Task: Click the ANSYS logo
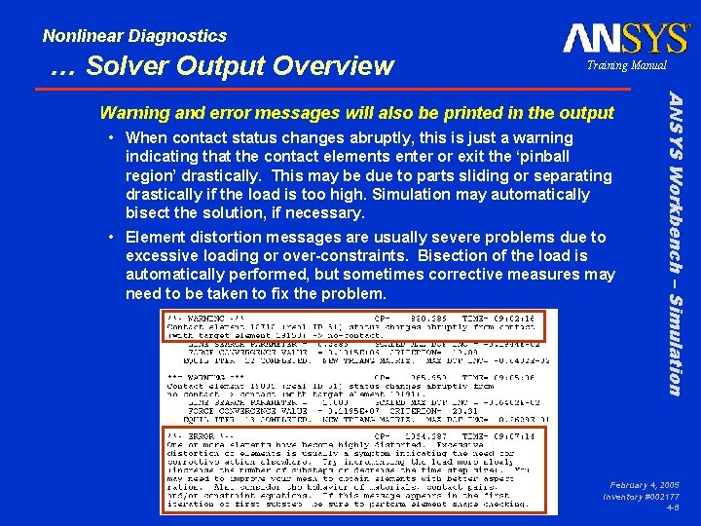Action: click(x=625, y=39)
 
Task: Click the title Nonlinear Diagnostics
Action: click(x=134, y=36)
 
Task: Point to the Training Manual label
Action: click(x=626, y=65)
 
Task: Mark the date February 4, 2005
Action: click(x=645, y=484)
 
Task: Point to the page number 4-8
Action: click(x=673, y=507)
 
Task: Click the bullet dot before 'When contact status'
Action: click(x=114, y=138)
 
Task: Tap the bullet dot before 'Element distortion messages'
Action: click(x=114, y=238)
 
